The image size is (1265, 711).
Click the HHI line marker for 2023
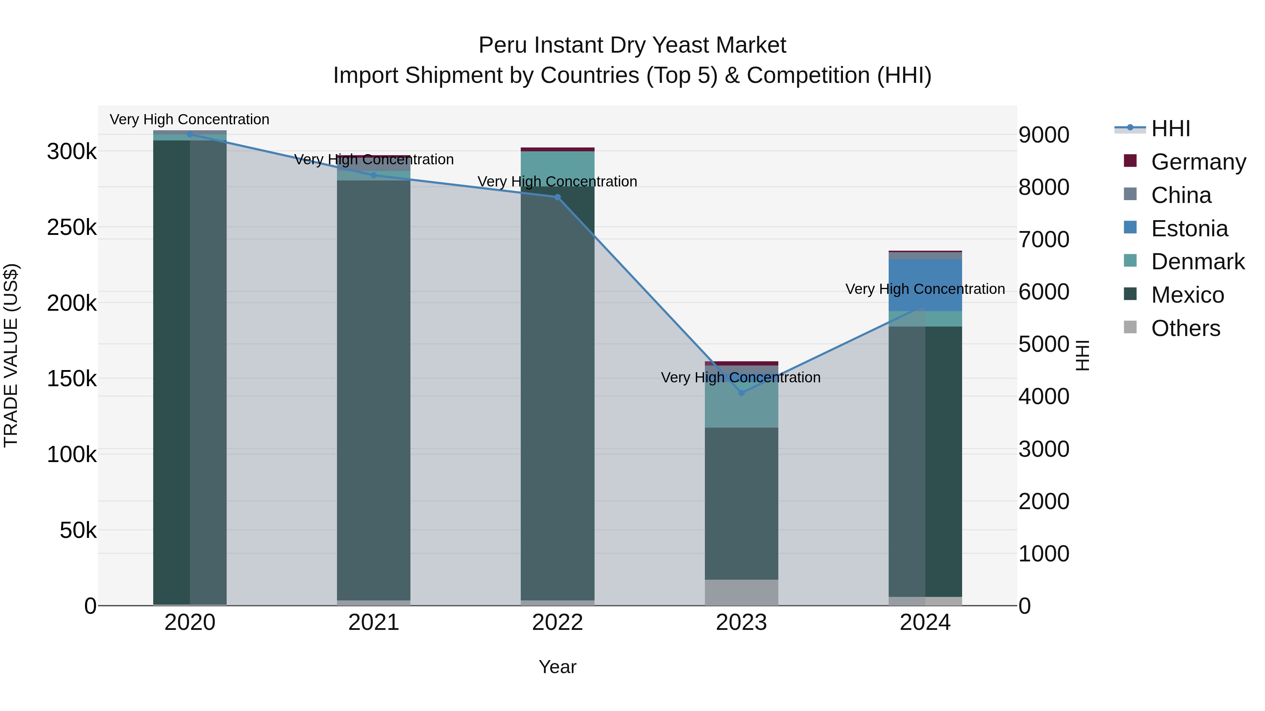coord(741,393)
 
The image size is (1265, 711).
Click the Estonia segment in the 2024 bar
coord(925,285)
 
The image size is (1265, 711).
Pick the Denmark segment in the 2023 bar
coord(741,407)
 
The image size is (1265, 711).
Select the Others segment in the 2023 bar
coord(741,592)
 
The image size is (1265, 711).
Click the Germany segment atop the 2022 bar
coord(557,149)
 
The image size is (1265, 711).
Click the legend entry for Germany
coord(1198,162)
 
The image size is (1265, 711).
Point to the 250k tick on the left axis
coord(72,228)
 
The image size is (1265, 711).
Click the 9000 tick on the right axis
coord(1044,135)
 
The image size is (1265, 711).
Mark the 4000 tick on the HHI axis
coord(1044,396)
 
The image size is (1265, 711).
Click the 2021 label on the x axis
coord(373,623)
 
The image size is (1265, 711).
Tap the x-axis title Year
coord(557,667)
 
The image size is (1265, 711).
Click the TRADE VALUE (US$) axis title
coord(11,355)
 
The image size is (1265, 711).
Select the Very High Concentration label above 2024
coord(925,289)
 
